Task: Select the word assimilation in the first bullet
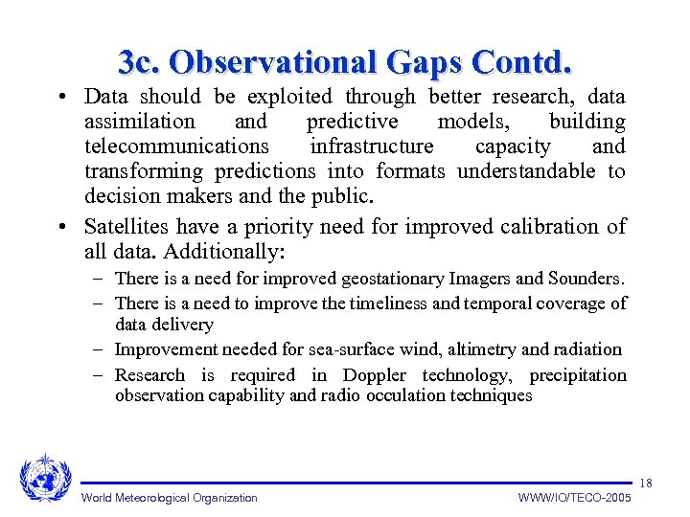click(x=139, y=122)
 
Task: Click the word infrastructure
click(x=371, y=146)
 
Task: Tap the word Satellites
click(x=124, y=227)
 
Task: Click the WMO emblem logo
click(x=45, y=478)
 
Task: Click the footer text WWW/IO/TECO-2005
click(x=574, y=498)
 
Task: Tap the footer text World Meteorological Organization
click(x=170, y=498)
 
